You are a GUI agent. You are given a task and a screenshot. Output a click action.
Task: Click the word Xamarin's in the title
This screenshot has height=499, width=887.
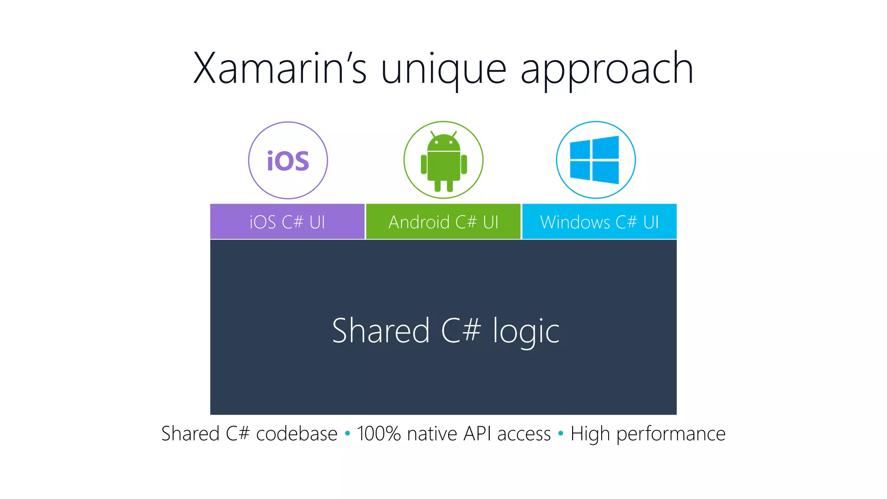[280, 68]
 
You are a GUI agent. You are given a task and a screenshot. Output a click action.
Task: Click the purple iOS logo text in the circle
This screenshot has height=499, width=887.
[288, 161]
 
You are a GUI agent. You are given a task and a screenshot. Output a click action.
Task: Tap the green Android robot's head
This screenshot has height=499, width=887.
[443, 143]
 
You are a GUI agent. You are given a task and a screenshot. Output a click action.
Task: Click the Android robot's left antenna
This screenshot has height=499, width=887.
[433, 134]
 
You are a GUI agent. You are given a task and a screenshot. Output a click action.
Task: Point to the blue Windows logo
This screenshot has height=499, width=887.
[594, 160]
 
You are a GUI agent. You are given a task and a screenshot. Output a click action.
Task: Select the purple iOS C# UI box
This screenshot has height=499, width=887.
[287, 222]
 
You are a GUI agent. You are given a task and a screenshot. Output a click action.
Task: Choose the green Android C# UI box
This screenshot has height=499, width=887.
[443, 222]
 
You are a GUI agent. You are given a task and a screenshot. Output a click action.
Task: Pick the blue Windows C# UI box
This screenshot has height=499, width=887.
[599, 222]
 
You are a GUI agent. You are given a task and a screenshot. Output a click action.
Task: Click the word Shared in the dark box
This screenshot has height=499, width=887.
[381, 331]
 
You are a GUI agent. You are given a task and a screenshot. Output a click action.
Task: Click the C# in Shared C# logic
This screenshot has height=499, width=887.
[461, 331]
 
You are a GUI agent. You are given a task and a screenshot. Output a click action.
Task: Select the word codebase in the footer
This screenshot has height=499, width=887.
[297, 434]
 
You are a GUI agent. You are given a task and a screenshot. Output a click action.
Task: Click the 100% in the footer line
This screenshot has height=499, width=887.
[379, 434]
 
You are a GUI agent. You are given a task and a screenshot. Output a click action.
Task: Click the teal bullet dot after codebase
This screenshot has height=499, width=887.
[347, 433]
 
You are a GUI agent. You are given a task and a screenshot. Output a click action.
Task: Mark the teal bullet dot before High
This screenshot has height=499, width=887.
[561, 433]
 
